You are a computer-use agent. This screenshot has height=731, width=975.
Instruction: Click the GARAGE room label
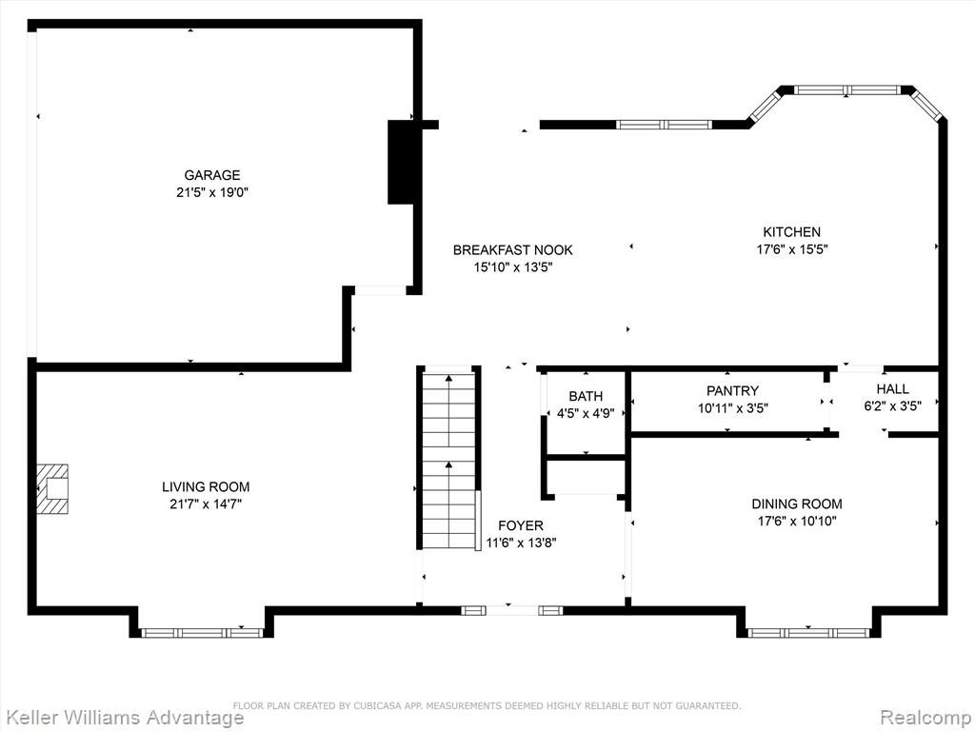point(212,175)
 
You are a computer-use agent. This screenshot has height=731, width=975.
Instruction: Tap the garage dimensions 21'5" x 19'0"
point(212,192)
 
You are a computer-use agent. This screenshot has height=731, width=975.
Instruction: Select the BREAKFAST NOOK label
point(512,250)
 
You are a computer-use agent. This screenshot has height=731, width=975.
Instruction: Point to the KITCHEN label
point(791,232)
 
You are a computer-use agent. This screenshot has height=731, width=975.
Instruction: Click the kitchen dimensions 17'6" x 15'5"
point(791,249)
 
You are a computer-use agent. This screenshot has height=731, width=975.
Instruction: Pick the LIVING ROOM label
point(206,486)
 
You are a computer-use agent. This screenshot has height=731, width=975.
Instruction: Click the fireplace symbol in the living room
point(52,488)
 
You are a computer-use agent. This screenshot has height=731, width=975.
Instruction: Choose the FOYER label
point(521,525)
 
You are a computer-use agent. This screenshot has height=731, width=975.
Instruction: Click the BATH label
point(586,397)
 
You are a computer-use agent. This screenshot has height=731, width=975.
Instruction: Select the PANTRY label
point(732,391)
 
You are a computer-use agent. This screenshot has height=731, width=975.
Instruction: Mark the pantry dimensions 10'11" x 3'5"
point(732,408)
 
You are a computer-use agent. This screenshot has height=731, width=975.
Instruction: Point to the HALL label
point(892,389)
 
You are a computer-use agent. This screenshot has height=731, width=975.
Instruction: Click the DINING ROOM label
point(797,504)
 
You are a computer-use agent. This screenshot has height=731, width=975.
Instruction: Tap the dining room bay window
point(809,633)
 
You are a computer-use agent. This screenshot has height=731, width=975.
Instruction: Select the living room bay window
point(203,633)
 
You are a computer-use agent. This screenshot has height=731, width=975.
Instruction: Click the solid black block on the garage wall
point(401,162)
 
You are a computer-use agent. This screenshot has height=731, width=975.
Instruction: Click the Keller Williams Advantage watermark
point(122,718)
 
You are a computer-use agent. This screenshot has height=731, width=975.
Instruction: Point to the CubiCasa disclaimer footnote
point(487,705)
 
